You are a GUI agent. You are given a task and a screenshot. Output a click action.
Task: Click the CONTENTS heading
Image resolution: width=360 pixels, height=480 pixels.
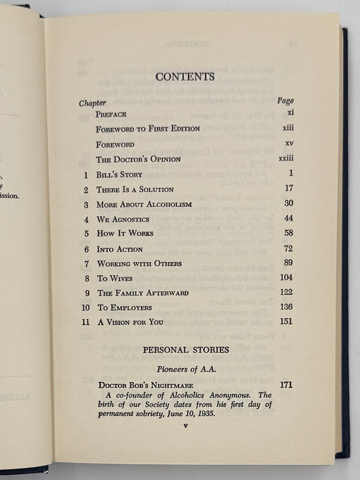point(184,76)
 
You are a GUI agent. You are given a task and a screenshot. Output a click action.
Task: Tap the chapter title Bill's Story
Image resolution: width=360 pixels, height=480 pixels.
point(120,174)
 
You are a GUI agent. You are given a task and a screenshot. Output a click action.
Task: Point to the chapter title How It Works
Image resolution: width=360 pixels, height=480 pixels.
point(125,234)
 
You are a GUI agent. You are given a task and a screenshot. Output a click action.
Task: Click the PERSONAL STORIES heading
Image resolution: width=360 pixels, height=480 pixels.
point(185,350)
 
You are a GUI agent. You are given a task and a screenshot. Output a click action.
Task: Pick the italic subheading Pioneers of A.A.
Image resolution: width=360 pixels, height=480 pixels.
point(185,368)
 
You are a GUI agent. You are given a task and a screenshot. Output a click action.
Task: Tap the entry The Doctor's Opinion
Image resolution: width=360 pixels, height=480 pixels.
point(139,160)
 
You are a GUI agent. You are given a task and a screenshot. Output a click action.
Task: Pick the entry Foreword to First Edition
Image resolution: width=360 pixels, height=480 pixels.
point(148,129)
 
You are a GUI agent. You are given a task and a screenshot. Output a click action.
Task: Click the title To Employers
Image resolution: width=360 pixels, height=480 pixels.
point(125,308)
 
